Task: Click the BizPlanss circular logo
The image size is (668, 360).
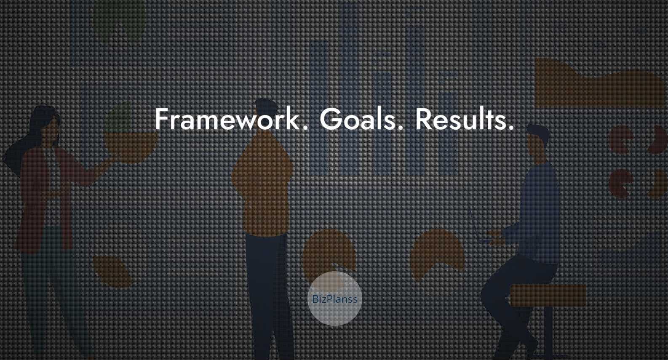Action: tap(334, 298)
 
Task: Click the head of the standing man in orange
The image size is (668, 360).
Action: tap(266, 113)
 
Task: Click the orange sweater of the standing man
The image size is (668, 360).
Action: tap(262, 185)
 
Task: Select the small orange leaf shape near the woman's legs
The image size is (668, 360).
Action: tap(112, 272)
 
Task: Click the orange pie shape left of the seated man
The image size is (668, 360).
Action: tap(437, 253)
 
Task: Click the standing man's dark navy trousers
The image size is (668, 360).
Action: tap(268, 295)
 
